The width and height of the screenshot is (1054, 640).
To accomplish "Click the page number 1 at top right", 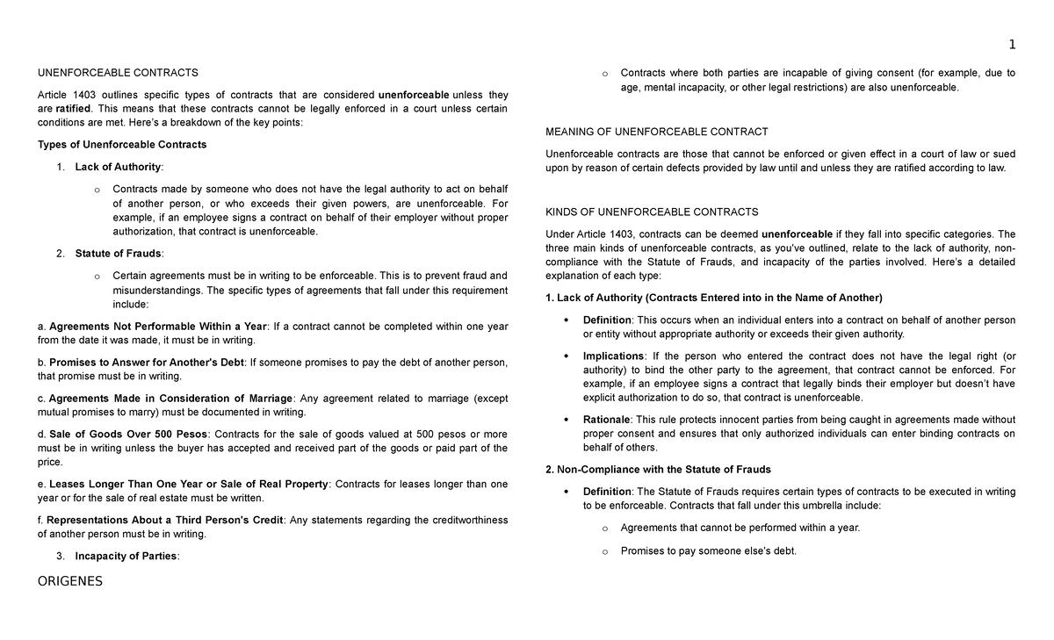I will click(x=1012, y=45).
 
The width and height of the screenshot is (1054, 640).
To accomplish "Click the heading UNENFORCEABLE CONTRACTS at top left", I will click(x=119, y=73).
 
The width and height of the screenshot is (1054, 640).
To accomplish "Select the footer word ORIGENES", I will click(x=70, y=580).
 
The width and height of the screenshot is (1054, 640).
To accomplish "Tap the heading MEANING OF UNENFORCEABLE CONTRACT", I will click(x=657, y=133).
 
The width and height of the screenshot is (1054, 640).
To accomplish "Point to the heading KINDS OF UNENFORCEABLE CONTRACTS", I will click(x=652, y=212).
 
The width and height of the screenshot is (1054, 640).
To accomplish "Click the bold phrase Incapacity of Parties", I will click(x=126, y=556).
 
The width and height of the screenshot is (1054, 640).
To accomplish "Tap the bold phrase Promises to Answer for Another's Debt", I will click(x=147, y=362).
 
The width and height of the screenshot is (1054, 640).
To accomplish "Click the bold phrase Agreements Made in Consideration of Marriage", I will click(x=170, y=398).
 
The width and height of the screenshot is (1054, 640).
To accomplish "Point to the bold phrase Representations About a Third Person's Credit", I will click(x=165, y=520).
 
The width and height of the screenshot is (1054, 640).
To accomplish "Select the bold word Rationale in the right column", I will click(x=606, y=420).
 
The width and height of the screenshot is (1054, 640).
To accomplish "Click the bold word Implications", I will click(x=613, y=356).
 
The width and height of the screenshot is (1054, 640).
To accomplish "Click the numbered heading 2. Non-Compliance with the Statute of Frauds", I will click(x=658, y=470).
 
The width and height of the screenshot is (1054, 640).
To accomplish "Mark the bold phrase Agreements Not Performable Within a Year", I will click(x=157, y=327).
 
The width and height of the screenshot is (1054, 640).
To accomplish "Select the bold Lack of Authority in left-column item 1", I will click(x=118, y=167).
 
